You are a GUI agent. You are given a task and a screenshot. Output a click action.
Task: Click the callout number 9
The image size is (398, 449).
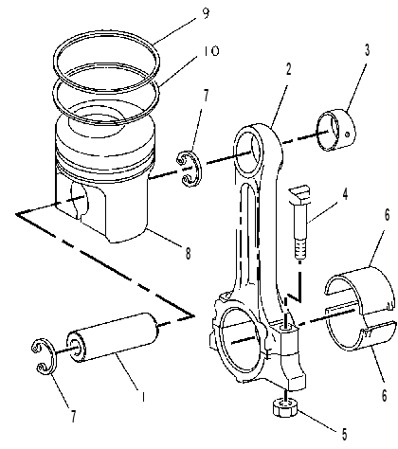tap(206, 13)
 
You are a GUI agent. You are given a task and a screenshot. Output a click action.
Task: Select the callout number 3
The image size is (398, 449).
tap(367, 50)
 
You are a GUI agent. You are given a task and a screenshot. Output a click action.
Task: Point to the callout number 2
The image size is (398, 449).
tap(288, 69)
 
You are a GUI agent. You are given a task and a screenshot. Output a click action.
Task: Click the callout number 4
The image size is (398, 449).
tap(345, 194)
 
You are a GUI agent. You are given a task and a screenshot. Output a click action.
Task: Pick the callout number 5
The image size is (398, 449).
tap(344, 435)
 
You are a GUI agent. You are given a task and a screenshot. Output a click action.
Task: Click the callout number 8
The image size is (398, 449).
tap(188, 253)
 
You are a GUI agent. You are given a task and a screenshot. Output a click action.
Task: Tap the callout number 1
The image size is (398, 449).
tap(143, 397)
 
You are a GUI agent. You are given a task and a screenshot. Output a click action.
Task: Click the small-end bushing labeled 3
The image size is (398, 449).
tap(336, 130)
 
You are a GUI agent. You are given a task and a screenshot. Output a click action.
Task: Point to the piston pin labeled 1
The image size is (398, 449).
tap(112, 337)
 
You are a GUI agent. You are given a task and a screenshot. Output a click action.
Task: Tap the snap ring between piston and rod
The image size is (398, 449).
tap(189, 169)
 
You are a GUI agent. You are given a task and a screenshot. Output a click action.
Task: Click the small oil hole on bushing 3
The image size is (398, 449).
tap(347, 135)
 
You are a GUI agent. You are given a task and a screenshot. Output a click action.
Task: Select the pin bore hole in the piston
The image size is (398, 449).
tap(79, 200)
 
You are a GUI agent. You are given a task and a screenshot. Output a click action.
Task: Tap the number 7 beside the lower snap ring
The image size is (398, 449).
tap(73, 417)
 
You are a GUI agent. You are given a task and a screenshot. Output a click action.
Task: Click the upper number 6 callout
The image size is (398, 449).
tap(387, 215)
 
